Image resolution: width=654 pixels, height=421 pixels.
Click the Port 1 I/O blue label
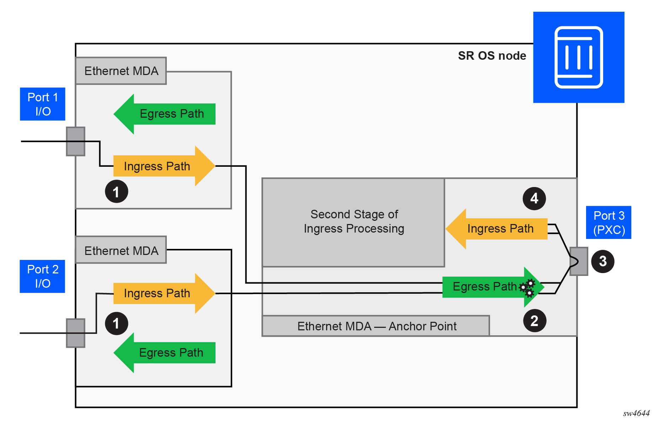(x=43, y=104)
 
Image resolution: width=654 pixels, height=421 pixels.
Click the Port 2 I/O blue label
(x=42, y=276)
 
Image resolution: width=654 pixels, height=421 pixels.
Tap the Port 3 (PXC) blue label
(x=608, y=223)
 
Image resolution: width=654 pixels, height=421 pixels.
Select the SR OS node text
(x=492, y=56)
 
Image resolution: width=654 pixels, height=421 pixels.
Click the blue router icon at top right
(x=579, y=57)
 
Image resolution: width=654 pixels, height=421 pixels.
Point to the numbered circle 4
(x=534, y=198)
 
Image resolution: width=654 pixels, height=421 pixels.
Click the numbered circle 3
(x=603, y=261)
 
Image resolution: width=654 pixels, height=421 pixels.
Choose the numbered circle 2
(x=535, y=321)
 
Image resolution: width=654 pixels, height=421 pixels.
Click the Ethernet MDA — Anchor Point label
(x=376, y=326)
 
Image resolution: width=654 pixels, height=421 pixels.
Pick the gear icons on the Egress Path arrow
(x=527, y=288)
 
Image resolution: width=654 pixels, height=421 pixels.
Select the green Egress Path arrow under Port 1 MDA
(x=165, y=114)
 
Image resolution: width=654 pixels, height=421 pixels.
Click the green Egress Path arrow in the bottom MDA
(x=165, y=353)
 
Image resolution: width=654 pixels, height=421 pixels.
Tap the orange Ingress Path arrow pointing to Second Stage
(x=496, y=229)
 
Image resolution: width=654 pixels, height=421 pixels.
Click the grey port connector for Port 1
(x=76, y=142)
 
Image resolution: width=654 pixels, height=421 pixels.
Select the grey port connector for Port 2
(x=76, y=333)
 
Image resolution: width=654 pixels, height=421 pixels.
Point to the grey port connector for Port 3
(x=579, y=261)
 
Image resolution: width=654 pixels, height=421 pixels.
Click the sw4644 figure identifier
(x=636, y=413)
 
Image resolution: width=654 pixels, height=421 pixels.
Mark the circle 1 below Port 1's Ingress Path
(x=116, y=192)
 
